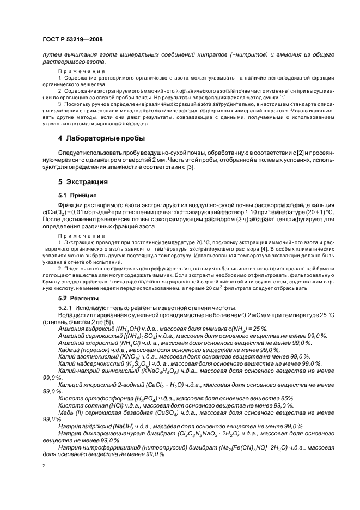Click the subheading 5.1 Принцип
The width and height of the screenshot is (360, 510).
click(78, 195)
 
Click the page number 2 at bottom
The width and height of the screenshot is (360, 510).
click(44, 466)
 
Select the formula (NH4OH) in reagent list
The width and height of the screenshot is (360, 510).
click(128, 328)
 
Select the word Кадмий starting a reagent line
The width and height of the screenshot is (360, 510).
click(70, 349)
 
